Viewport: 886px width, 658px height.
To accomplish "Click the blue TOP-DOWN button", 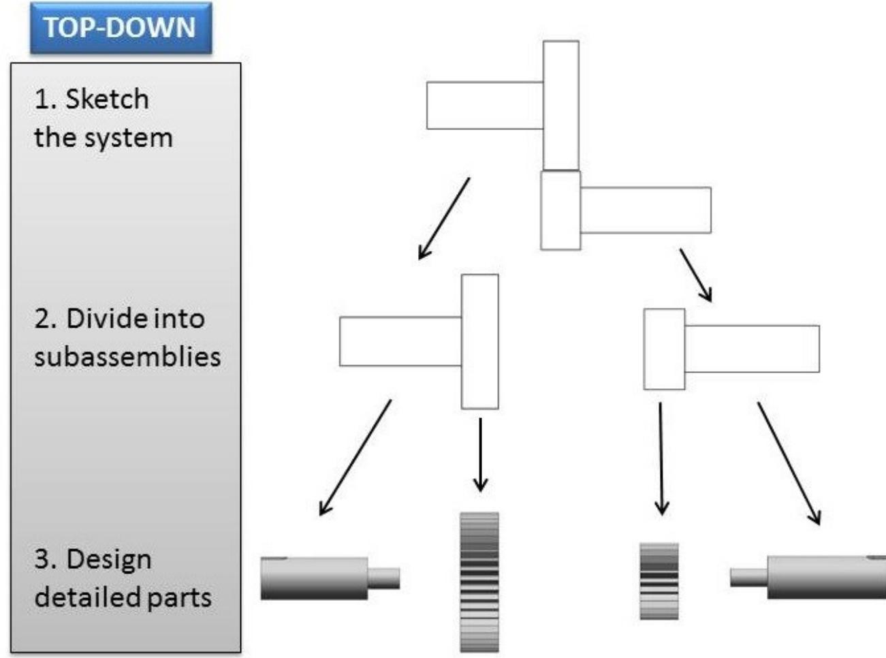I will [x=121, y=29].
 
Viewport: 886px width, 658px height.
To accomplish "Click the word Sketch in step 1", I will [x=107, y=99].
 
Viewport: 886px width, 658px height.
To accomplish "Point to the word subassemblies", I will [x=127, y=356].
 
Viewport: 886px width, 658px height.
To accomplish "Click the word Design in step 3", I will [x=109, y=559].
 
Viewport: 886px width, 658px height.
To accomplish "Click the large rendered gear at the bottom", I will [x=479, y=582].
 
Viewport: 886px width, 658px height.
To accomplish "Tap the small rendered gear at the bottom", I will [x=659, y=581].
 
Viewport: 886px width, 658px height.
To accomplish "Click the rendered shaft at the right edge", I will [x=810, y=578].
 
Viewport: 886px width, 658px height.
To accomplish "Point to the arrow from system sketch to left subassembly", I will [x=444, y=218].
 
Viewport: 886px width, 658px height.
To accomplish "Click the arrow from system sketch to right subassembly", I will [x=695, y=275].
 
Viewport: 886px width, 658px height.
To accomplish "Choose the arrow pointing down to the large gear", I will [x=481, y=454].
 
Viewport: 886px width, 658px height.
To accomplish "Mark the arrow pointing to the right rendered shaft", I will [x=789, y=463].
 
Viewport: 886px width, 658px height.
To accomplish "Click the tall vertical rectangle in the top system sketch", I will [x=561, y=105].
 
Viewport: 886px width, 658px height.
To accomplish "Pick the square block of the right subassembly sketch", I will [x=664, y=349].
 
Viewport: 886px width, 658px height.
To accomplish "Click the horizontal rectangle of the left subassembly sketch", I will [x=400, y=341].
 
